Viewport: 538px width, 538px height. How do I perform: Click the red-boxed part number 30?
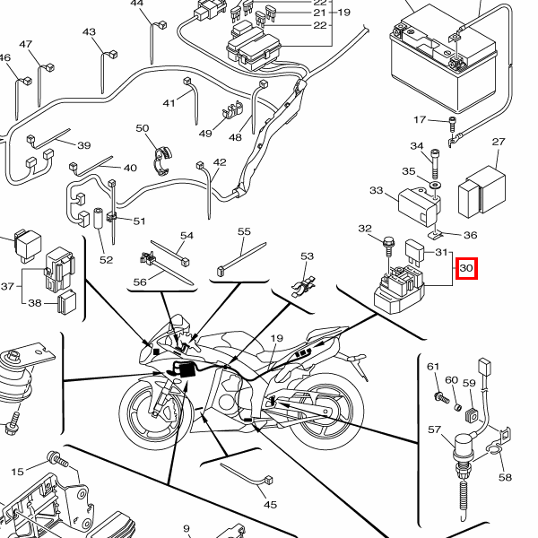click(x=466, y=268)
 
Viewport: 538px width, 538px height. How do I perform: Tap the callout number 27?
click(x=499, y=143)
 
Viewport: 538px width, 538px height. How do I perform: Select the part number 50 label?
click(x=143, y=129)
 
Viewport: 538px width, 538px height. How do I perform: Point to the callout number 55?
click(x=244, y=231)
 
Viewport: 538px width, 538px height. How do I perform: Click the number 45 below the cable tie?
click(x=270, y=505)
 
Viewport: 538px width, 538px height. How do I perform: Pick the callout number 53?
click(x=308, y=256)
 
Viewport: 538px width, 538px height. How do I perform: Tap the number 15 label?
click(x=17, y=472)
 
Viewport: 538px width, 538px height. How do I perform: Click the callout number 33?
click(x=377, y=191)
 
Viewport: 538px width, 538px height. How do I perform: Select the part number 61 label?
click(x=433, y=367)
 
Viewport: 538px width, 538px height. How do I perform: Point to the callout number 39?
click(x=84, y=146)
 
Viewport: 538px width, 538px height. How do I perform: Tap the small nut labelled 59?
click(x=468, y=412)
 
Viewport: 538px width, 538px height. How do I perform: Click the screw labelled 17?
click(x=454, y=122)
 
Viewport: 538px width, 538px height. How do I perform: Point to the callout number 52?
click(x=107, y=260)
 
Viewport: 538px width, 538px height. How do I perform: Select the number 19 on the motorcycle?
click(x=276, y=339)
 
